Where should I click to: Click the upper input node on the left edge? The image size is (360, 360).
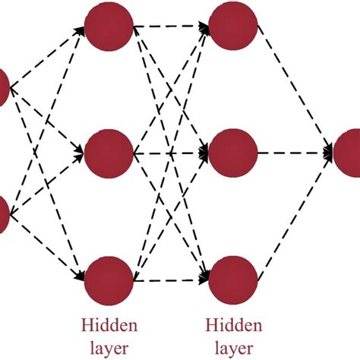(3, 87)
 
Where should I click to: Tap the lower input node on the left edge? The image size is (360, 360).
(3, 215)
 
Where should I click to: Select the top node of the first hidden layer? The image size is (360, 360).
(109, 28)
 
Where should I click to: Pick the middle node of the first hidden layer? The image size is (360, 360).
(109, 155)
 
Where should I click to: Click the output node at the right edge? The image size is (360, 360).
(351, 152)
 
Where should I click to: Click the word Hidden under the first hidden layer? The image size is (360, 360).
(110, 326)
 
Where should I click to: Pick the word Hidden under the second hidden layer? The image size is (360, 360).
(234, 326)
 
